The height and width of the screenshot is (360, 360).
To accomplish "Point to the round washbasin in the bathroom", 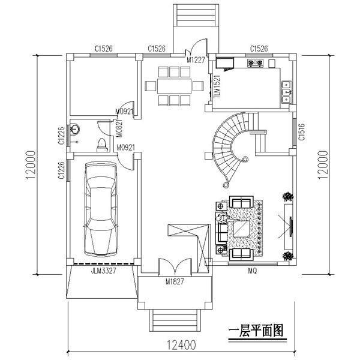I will [x=76, y=128].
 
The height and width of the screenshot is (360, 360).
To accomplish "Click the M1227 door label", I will [x=195, y=59].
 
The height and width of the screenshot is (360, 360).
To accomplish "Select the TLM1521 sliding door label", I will [x=217, y=86].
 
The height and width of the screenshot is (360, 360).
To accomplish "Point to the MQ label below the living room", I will [x=253, y=271].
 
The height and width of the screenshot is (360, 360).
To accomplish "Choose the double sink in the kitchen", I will [x=286, y=89].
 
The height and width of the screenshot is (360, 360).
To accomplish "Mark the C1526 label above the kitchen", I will [x=259, y=49].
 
